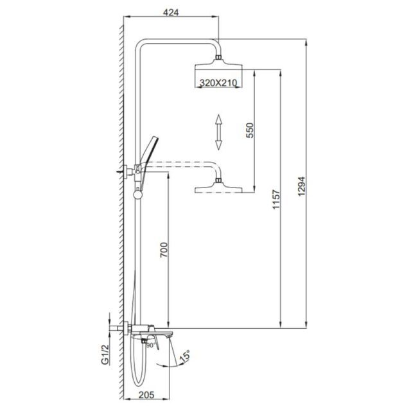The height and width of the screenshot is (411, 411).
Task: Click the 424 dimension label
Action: click(x=171, y=12)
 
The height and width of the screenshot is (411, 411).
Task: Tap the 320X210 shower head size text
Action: click(x=218, y=83)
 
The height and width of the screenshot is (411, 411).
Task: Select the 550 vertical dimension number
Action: click(x=250, y=130)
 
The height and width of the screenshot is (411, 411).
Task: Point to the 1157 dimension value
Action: click(x=276, y=199)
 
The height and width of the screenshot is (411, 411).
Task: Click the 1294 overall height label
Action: click(x=302, y=186)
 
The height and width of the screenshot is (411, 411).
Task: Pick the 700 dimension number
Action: click(x=164, y=250)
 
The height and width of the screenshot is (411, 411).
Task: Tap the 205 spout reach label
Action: click(x=146, y=394)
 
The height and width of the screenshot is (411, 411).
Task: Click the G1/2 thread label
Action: click(x=105, y=354)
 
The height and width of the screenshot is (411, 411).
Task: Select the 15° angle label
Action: click(x=184, y=356)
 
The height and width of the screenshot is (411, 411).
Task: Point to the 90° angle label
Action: click(x=151, y=345)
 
